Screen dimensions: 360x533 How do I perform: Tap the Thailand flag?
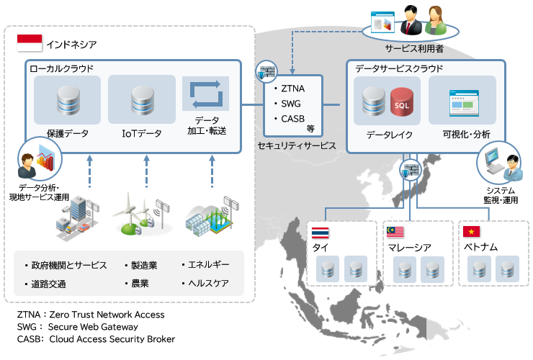pos(321,233)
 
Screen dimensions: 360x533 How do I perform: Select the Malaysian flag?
pos(395,233)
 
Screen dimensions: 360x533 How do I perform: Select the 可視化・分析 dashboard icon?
pos(462,104)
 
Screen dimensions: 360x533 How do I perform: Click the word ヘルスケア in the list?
pos(207,283)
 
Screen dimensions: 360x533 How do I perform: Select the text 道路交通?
pos(49,284)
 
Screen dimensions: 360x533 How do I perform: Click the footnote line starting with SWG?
pos(79,326)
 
